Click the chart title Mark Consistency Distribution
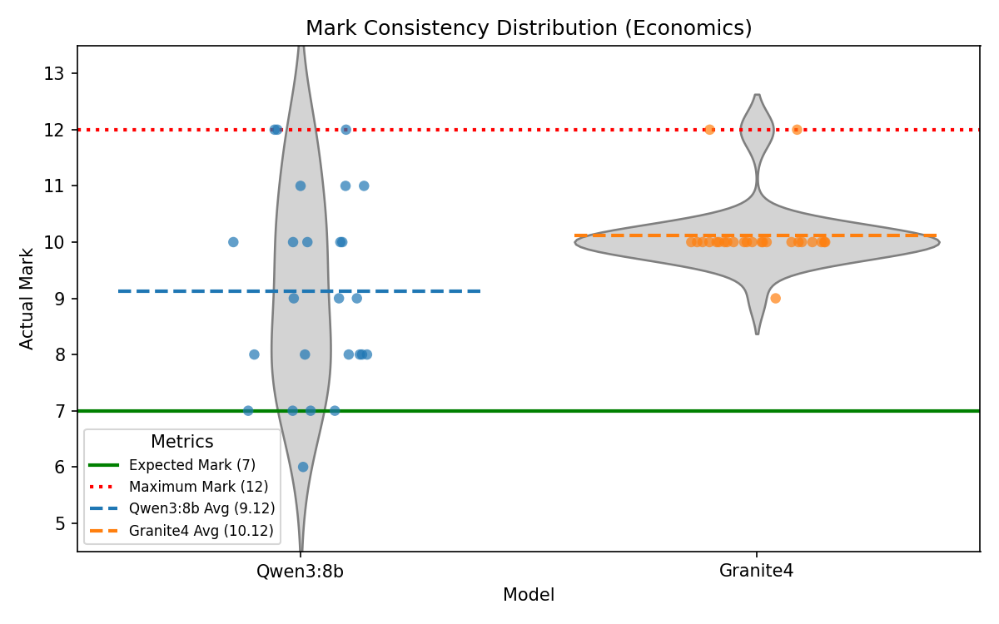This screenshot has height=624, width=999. click(x=529, y=28)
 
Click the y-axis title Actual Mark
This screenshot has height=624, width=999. click(x=27, y=298)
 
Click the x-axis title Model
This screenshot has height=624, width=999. click(x=529, y=595)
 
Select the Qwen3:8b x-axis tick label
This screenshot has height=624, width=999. click(x=300, y=571)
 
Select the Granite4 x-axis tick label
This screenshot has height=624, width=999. click(x=756, y=571)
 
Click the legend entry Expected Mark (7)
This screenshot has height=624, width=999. click(x=191, y=464)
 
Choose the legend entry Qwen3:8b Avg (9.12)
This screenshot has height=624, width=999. click(x=201, y=508)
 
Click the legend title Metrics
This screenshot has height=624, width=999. click(x=181, y=443)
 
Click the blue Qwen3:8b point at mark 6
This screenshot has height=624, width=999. click(x=303, y=467)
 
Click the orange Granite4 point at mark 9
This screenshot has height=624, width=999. click(x=775, y=298)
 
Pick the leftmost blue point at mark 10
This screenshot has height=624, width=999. click(x=233, y=242)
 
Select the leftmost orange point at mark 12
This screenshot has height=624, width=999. click(x=709, y=130)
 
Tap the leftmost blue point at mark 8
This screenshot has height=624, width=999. click(x=254, y=354)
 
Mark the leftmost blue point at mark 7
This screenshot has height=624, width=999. click(x=248, y=410)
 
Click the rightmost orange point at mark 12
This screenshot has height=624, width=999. click(x=797, y=130)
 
